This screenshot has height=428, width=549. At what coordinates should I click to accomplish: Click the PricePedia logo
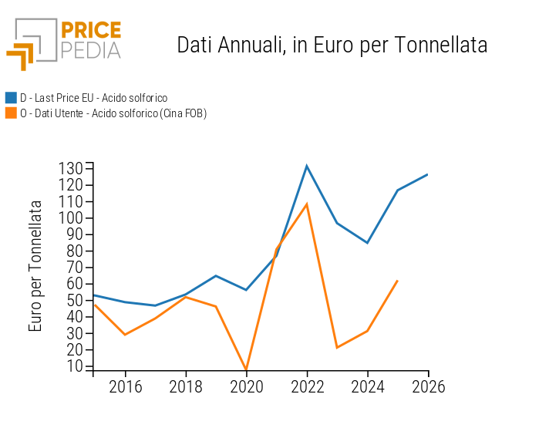64,44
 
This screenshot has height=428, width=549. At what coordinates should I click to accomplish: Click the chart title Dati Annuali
332,45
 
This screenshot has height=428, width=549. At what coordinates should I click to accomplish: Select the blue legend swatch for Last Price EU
11,98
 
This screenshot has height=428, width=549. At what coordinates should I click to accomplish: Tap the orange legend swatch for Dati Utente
11,113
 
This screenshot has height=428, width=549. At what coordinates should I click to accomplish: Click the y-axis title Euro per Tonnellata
35,266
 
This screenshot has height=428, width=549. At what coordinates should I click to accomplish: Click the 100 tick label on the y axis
71,217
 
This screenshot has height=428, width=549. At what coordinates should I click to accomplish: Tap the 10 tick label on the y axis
75,366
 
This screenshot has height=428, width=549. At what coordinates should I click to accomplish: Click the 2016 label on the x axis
125,386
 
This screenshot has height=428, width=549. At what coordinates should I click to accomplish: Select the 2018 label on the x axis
186,386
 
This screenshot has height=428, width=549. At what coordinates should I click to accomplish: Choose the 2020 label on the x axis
247,386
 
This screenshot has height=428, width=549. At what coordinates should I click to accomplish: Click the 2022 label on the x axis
307,386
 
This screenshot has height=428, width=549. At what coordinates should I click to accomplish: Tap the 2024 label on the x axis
368,386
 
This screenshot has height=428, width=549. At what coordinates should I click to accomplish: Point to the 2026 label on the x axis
429,386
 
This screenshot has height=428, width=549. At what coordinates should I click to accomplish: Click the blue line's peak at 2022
307,166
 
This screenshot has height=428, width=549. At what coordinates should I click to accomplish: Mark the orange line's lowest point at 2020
247,370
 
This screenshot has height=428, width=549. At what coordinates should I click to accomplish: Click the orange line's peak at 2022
307,204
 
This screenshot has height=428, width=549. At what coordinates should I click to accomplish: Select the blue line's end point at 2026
428,174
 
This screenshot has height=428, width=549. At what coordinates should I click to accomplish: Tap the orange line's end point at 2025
398,280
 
